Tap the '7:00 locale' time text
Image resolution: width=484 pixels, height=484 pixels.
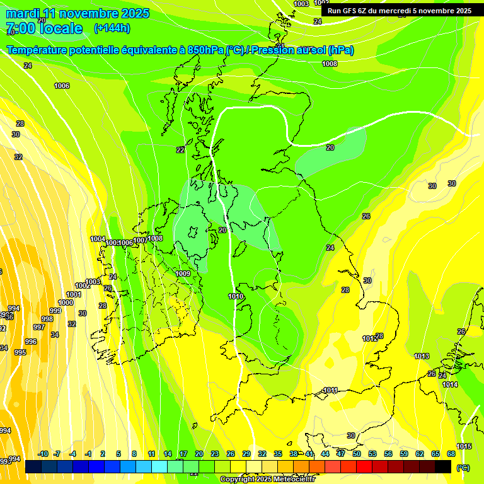point(44,28)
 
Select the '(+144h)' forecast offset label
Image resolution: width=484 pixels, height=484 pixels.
point(112,28)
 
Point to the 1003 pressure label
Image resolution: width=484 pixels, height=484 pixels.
point(302,4)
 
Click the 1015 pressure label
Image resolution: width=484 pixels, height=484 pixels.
point(463,446)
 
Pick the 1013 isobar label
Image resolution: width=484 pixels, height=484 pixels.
point(422,356)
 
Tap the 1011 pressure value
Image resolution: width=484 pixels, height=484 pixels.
point(330,390)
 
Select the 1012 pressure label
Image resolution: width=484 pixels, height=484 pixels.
point(370,338)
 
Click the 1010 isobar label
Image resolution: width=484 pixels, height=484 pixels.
point(236,296)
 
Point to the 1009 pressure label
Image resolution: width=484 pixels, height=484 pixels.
point(183,274)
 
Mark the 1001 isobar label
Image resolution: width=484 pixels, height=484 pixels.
point(74,294)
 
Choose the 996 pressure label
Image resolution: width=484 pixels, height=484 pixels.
point(31,342)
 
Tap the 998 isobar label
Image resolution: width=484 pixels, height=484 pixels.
point(47,319)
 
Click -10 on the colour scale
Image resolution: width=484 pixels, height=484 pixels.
point(43,454)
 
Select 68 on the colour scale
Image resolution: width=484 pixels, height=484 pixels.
point(451,454)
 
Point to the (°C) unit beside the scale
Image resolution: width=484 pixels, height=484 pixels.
point(463,467)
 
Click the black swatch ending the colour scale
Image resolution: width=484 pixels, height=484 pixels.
point(443,466)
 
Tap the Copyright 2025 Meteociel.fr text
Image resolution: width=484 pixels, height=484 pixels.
point(268,480)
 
